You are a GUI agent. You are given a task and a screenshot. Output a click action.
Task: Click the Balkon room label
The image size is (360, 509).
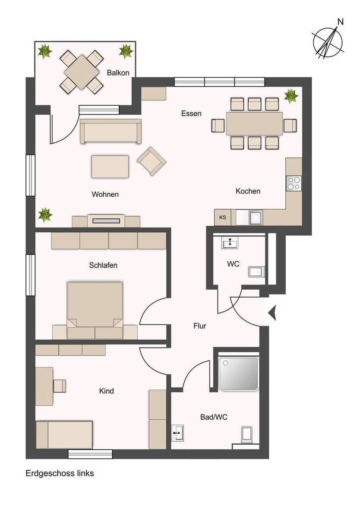(118, 73)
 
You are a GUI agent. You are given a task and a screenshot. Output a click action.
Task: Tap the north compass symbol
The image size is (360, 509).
(328, 41)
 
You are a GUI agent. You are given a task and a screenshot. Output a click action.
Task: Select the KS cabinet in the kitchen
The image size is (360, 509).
(223, 218)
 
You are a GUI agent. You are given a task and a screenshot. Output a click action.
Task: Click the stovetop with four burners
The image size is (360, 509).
(294, 183)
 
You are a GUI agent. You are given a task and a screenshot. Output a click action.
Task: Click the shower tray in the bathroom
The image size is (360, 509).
(239, 373)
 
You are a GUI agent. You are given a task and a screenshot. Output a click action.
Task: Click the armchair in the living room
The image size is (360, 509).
(151, 161)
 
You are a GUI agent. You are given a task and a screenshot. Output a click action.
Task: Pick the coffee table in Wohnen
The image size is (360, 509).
(110, 167)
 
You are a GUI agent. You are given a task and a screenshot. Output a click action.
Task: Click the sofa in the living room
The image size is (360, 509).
(111, 131)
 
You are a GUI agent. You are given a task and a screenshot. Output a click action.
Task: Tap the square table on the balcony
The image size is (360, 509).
(82, 72)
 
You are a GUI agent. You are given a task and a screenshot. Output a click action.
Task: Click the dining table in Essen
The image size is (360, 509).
(254, 123)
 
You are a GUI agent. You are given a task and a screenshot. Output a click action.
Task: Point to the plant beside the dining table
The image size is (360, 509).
(291, 95)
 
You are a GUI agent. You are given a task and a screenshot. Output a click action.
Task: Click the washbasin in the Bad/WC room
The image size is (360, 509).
(177, 433)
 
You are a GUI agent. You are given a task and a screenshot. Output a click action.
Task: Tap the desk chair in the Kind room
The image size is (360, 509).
(60, 386)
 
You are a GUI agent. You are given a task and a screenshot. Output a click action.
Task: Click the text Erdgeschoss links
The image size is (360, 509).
(60, 473)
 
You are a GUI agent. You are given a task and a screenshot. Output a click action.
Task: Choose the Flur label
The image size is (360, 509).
(199, 326)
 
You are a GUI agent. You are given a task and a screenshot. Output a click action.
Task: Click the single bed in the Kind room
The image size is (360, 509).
(64, 435)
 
